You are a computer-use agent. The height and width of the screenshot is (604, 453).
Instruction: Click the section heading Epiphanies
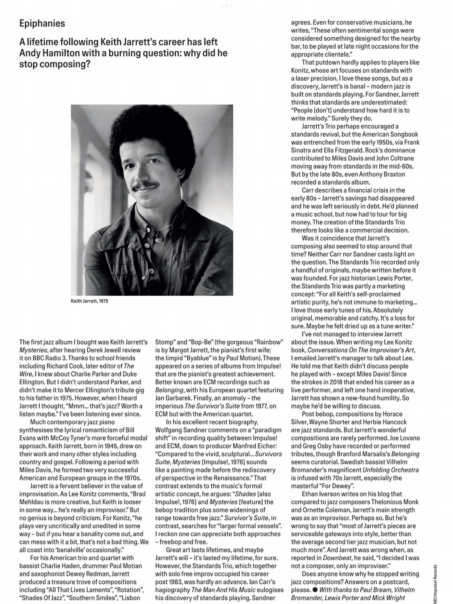[x=42, y=24]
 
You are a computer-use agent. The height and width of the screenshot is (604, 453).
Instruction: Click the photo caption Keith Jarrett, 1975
[x=89, y=301]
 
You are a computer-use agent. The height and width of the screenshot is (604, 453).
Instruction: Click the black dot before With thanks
[x=315, y=590]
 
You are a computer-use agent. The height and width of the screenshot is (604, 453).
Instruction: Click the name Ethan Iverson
[x=324, y=494]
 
